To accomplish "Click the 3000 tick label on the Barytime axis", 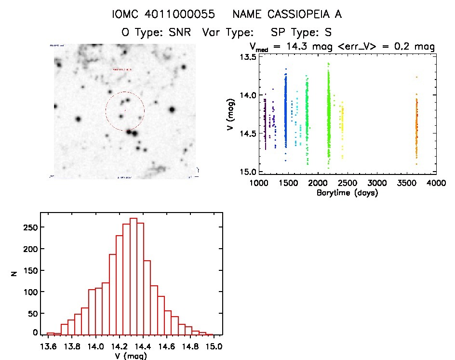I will tap(377, 183).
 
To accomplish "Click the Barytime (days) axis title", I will tap(347, 193).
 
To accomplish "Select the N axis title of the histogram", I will tap(15, 274).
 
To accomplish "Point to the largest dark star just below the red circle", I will tap(134, 133).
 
